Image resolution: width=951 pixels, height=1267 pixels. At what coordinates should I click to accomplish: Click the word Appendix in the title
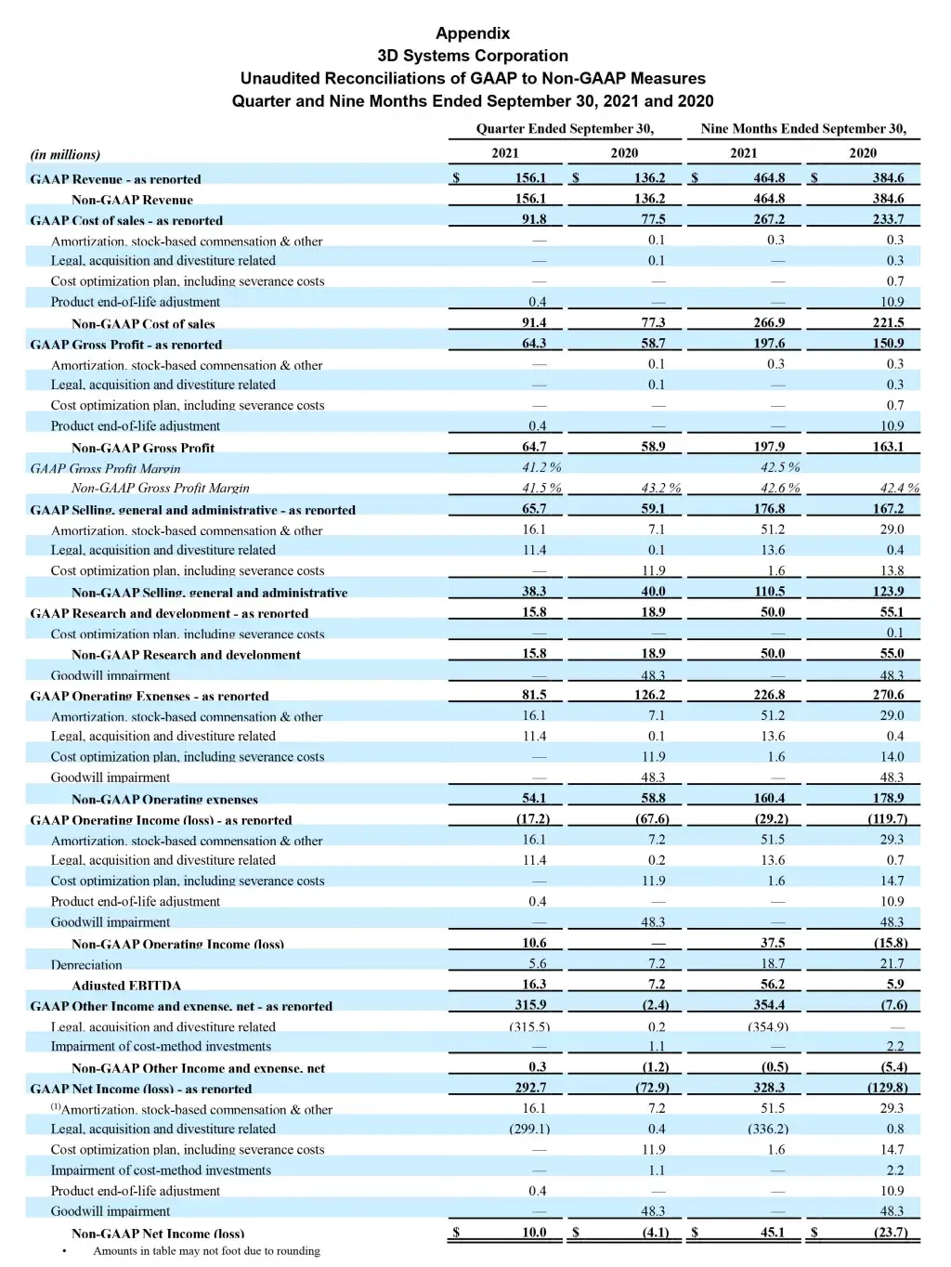click(473, 33)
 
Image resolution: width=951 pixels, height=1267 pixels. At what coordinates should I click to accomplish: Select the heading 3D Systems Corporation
click(473, 56)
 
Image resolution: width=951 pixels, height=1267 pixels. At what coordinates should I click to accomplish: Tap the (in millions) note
click(65, 154)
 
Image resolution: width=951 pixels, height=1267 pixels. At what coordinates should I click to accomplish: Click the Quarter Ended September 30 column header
click(565, 129)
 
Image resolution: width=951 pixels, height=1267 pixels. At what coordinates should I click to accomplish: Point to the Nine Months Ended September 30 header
click(803, 129)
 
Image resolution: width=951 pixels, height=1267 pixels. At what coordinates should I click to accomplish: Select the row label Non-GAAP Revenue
click(132, 200)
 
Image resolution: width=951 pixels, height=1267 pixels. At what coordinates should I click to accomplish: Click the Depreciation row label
click(86, 965)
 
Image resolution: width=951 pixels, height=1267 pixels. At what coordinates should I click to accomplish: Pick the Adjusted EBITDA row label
click(126, 986)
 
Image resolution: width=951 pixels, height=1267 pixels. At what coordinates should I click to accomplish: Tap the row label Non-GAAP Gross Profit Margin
click(160, 489)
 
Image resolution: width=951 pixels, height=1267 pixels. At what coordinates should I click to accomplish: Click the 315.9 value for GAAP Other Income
click(530, 1005)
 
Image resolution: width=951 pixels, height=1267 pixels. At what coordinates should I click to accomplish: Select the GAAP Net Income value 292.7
click(530, 1088)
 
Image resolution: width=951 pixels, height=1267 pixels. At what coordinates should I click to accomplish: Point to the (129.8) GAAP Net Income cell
click(888, 1088)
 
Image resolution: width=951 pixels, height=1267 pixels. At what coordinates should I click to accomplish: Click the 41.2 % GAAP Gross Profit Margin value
click(541, 467)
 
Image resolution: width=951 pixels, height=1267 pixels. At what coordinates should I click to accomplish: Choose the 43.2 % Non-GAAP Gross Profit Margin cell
click(660, 489)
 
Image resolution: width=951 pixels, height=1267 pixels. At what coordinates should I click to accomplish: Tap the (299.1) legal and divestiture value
click(529, 1130)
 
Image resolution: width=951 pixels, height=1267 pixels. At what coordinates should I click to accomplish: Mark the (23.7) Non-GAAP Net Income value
click(891, 1233)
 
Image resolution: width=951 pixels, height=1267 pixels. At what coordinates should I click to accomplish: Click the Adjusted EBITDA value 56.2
click(772, 985)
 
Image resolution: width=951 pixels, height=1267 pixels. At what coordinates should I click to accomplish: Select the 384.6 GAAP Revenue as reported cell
click(888, 178)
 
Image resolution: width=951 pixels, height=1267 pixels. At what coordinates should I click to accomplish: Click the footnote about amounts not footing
click(206, 1251)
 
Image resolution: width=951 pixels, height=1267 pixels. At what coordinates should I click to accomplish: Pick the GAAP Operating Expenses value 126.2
click(649, 695)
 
